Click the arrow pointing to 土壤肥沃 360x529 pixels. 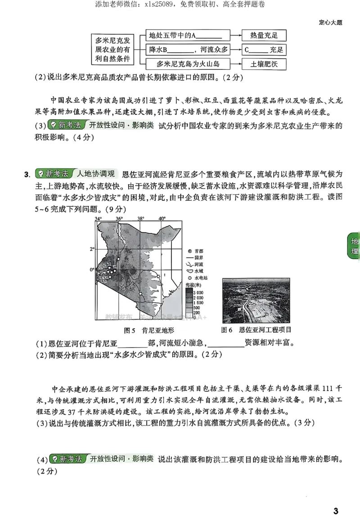236,63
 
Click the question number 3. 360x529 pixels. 27,174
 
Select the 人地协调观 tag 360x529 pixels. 96,174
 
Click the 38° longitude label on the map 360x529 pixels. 140,219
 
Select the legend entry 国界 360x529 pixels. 198,258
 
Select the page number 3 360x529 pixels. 335,511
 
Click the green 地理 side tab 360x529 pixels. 354,246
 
